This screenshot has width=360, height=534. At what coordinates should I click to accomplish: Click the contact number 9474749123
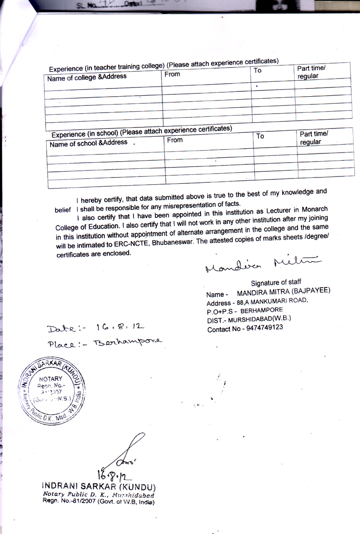pos(261,328)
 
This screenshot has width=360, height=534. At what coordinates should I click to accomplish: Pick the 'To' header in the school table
pos(260,136)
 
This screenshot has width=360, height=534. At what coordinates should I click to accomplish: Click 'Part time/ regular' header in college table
pos(311,72)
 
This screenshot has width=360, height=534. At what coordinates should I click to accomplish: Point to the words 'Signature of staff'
pos(276,282)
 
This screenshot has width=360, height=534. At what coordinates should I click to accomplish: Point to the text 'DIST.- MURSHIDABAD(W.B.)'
pos(248,318)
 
